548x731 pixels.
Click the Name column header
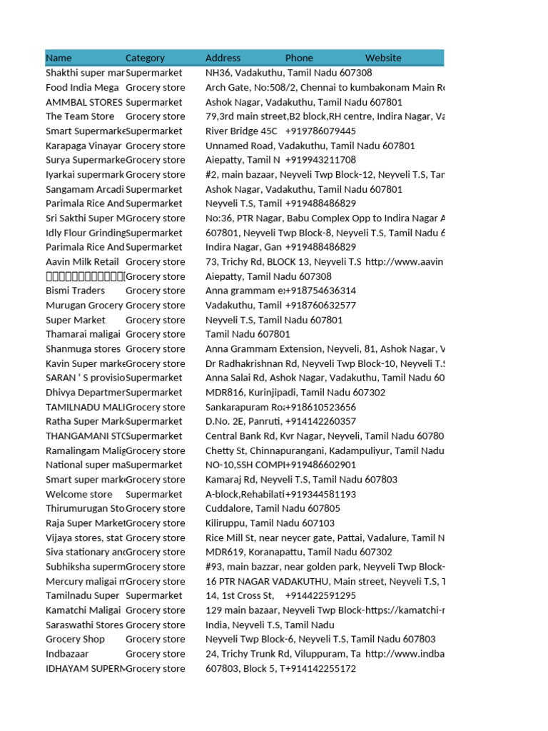[x=59, y=58]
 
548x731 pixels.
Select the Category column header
[x=145, y=58]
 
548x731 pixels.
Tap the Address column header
[x=223, y=58]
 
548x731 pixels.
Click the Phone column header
[x=299, y=58]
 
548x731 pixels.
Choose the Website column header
[x=383, y=58]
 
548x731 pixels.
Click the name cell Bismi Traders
[x=75, y=291]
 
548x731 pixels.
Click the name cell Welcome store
[x=78, y=494]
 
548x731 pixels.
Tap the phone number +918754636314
[x=320, y=291]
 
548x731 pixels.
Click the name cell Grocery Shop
[x=75, y=639]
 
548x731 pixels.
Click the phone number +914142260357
[x=320, y=421]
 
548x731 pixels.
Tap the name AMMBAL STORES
[x=83, y=102]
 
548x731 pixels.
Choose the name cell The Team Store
[x=80, y=116]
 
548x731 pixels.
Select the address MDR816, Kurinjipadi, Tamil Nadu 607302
[x=295, y=393]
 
